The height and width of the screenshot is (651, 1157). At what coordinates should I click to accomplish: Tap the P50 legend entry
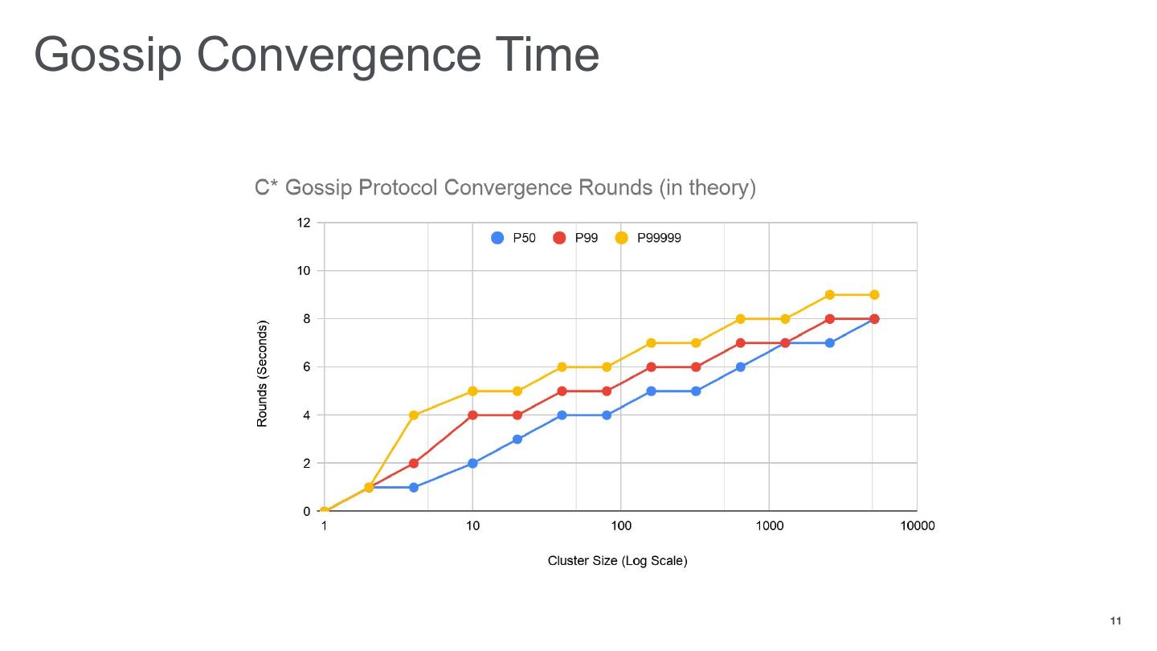click(x=513, y=238)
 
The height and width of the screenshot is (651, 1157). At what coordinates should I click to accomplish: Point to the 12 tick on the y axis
click(x=304, y=223)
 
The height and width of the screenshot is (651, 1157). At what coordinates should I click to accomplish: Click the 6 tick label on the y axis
click(x=306, y=367)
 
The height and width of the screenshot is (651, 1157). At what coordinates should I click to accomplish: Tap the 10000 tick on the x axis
click(x=917, y=526)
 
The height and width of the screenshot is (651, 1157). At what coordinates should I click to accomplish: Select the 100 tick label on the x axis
click(x=620, y=526)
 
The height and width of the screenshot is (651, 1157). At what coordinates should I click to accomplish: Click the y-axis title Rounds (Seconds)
click(x=262, y=374)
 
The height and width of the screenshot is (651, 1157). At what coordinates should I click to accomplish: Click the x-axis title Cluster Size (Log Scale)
click(x=617, y=560)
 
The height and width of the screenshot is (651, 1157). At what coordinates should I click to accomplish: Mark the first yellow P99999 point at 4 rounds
click(x=414, y=416)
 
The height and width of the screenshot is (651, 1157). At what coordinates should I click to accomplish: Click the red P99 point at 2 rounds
click(x=414, y=464)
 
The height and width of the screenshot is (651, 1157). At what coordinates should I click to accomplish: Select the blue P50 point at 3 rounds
click(x=517, y=440)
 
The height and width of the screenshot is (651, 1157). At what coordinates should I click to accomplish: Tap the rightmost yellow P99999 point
click(x=874, y=295)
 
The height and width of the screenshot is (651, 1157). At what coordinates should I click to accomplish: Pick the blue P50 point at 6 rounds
click(x=741, y=367)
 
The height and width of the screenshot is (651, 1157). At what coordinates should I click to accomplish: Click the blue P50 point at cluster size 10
click(x=472, y=464)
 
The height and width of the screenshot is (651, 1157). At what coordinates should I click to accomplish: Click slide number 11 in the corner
click(x=1115, y=621)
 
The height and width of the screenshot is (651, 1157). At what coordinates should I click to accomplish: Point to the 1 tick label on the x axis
click(x=324, y=526)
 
